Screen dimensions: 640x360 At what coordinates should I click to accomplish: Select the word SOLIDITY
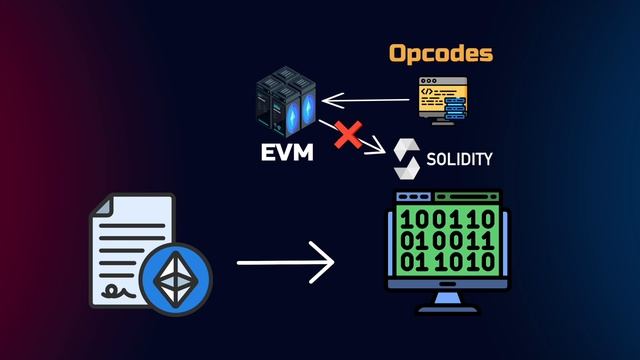(x=457, y=159)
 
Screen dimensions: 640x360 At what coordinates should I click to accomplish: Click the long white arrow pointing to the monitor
(x=285, y=265)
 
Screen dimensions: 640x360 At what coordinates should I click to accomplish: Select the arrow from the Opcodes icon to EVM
(x=364, y=98)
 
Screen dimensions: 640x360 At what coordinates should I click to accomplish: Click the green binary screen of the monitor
(x=446, y=240)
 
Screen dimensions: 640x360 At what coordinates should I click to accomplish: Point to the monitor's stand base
(x=446, y=309)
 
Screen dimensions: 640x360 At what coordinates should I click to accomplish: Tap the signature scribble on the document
(x=125, y=289)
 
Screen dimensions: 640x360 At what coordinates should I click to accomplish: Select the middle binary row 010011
(x=446, y=240)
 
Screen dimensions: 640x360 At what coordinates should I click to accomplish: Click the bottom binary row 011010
(x=446, y=263)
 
